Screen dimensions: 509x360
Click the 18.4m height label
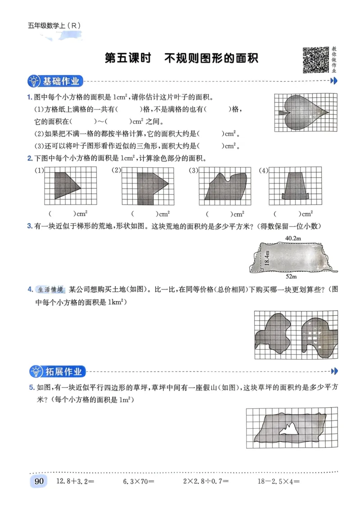click(266, 258)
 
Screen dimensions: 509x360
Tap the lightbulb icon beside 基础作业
click(34, 81)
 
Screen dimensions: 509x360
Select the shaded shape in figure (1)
click(65, 184)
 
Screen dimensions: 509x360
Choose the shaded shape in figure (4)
click(295, 185)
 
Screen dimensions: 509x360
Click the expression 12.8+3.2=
click(74, 482)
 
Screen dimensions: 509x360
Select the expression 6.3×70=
click(139, 482)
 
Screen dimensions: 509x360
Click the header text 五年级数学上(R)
click(54, 26)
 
